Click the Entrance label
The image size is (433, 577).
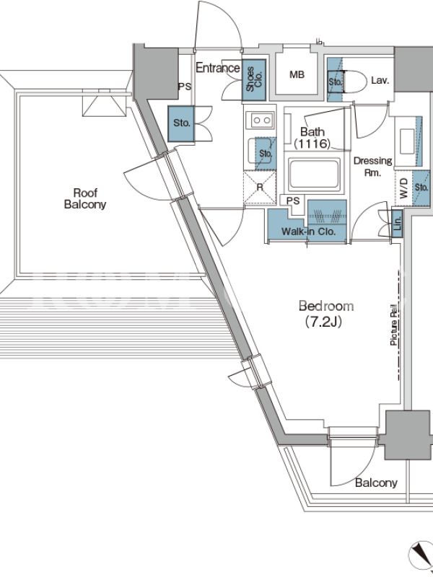218,68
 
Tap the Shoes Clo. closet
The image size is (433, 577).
254,80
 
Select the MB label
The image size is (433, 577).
297,74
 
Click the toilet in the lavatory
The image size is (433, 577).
354,81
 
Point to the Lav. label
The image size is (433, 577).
380,80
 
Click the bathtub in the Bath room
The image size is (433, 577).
314,174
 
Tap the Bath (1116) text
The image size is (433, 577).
312,137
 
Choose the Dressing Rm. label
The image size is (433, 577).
372,167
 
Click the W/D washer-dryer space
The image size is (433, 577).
403,188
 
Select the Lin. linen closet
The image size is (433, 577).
397,223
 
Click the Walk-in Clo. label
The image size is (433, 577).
309,232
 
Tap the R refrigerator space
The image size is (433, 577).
260,188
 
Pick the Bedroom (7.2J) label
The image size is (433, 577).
326,314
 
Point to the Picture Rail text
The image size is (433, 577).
393,325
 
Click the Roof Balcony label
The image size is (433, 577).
85,198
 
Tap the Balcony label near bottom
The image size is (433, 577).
376,483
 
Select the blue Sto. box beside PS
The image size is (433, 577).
181,123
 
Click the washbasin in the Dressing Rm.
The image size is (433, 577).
408,141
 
